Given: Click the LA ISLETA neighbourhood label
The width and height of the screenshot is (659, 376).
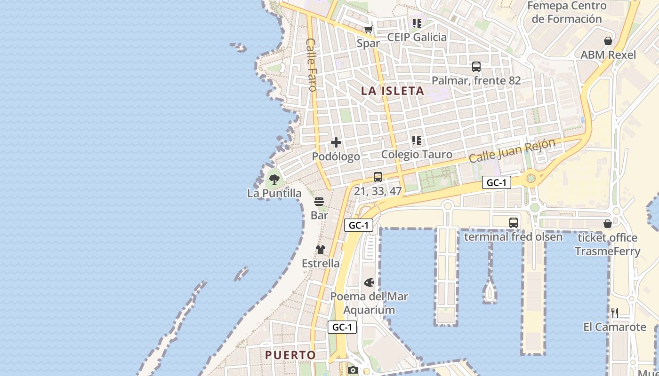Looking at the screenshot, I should (393, 91).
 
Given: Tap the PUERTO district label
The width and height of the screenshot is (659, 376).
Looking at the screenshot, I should (290, 355).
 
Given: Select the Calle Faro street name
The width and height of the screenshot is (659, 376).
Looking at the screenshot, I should (311, 64).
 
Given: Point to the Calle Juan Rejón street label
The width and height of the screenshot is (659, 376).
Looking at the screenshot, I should (512, 150).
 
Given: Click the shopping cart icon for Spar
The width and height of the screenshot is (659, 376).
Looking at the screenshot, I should (368, 30).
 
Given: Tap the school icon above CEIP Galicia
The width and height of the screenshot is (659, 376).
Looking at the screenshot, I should (417, 23).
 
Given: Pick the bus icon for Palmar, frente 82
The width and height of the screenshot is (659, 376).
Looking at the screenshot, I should (476, 67).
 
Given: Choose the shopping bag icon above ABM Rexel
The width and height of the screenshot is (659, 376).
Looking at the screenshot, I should (608, 41).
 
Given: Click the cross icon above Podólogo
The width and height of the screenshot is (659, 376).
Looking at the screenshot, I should (336, 142).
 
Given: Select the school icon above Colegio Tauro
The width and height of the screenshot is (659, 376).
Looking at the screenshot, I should (417, 141).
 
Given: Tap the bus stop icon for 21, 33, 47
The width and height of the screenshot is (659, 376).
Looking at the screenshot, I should (378, 177).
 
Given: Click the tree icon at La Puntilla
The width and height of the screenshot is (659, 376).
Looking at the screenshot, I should (274, 179).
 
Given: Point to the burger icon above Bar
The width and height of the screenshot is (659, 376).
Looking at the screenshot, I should (319, 202).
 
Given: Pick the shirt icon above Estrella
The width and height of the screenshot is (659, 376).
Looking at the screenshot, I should (321, 250).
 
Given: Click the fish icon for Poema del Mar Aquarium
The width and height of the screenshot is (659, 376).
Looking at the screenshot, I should (369, 282).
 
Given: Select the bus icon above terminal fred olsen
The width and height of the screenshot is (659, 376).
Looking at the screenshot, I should (513, 223).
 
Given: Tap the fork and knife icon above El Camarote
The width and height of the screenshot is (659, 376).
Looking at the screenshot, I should (614, 313).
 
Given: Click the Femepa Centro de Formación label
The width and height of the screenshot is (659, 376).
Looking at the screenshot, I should (567, 13).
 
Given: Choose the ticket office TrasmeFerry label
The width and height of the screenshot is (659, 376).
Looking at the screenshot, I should (607, 244).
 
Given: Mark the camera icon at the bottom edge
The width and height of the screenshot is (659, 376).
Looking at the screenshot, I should (353, 370).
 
